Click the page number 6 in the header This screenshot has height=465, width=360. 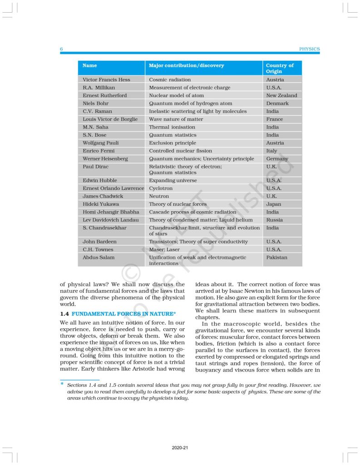pos(61,49)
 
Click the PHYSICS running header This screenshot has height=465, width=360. pos(309,49)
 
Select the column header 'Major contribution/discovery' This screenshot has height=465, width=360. pos(186,66)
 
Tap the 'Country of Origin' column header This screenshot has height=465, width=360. pos(280,69)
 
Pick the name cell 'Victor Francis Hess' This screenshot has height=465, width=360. pos(106,80)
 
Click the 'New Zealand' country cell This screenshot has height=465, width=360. pos(281,96)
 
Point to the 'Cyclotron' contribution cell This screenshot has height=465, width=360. pos(161,188)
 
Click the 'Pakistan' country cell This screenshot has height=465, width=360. pos(276,257)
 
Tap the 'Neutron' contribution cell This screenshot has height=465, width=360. pos(159,196)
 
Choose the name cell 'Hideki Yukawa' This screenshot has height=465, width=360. pos(101,204)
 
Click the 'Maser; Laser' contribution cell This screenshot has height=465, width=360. pos(164,250)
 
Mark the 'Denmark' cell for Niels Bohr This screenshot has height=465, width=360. pos(277,104)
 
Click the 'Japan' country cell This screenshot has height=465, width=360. pos(273,204)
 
